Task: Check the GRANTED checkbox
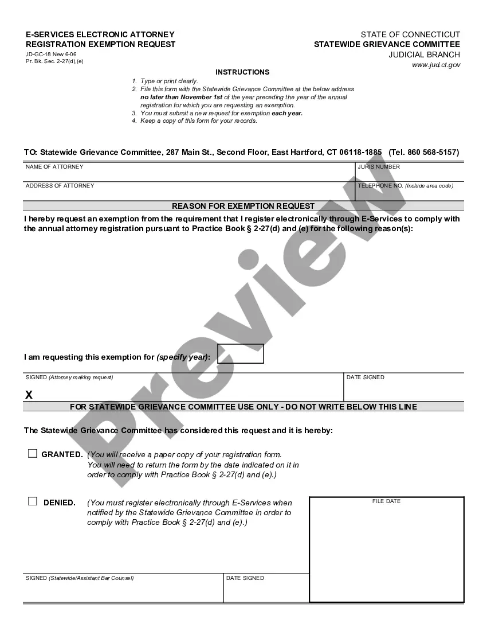coord(33,453)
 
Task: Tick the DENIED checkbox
coord(33,501)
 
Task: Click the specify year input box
coord(241,353)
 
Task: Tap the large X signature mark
coord(29,395)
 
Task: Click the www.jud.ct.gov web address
coord(436,65)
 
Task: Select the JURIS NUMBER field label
coord(379,167)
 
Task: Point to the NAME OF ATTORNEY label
coord(54,167)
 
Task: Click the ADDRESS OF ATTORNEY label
coord(60,186)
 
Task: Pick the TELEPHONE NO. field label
coord(380,186)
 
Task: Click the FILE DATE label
coord(386,501)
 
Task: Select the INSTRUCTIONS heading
coord(242,72)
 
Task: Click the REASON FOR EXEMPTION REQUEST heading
coord(243,206)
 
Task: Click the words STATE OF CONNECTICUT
coord(410,35)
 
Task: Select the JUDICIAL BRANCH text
coord(424,55)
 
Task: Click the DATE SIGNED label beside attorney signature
coord(365,377)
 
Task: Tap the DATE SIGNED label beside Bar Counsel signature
coord(245,578)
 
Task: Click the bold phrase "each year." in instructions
coord(287,114)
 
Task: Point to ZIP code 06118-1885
coord(360,153)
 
